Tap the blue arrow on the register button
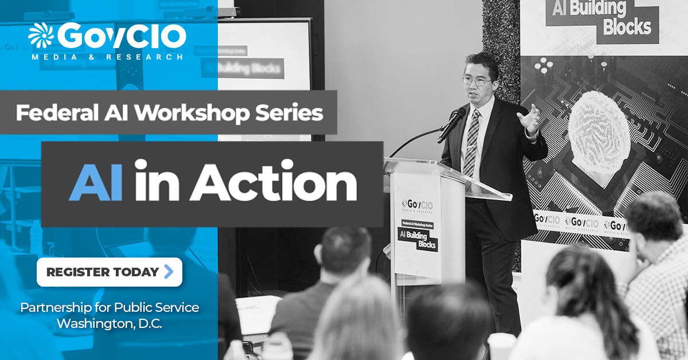click(x=168, y=272)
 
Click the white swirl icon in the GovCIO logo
click(x=41, y=36)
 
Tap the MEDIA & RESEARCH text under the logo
click(x=108, y=57)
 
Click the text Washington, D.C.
click(x=110, y=323)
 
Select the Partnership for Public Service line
click(x=110, y=307)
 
